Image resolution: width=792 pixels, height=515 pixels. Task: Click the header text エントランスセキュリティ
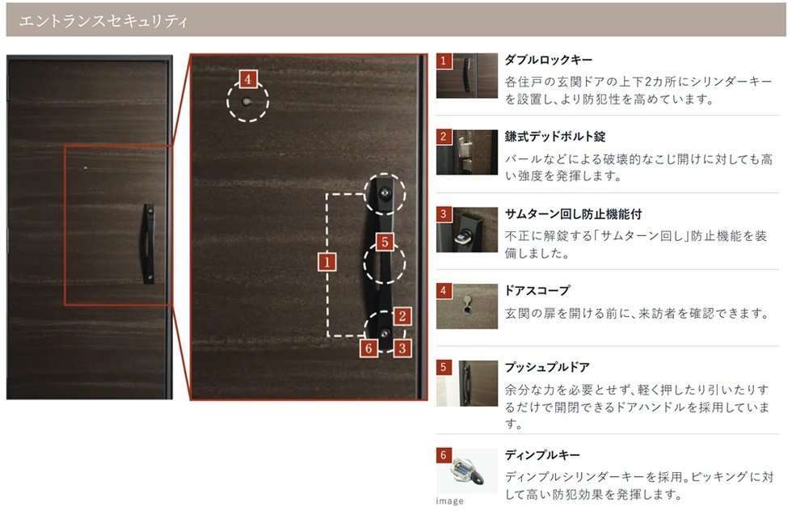103,21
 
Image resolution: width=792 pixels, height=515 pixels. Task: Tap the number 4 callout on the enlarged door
247,79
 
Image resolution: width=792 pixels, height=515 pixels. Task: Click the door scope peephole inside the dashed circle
246,102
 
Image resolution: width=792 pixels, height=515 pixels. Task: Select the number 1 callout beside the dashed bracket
326,262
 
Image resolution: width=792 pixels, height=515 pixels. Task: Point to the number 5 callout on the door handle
385,242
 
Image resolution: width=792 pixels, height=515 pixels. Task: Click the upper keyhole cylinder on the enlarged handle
385,192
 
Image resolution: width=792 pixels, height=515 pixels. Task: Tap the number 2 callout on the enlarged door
402,316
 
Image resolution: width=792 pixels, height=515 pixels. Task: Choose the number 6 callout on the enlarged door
369,348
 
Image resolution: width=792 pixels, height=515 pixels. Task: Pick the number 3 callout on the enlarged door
402,348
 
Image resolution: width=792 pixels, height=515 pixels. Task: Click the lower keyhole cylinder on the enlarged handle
385,334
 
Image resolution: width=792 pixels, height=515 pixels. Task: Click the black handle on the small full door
149,243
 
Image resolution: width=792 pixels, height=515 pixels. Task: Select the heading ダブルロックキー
548,60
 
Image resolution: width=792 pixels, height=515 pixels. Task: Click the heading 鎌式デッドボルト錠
554,137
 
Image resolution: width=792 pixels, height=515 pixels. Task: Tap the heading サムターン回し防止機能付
573,213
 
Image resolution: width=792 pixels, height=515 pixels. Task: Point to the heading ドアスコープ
537,290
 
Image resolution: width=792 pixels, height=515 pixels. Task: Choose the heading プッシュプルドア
547,367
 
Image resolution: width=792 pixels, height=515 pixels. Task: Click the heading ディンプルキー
542,455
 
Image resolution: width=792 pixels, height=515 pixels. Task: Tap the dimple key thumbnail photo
467,471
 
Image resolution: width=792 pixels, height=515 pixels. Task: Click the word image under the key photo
449,500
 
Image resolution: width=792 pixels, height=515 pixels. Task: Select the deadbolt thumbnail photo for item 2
467,152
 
